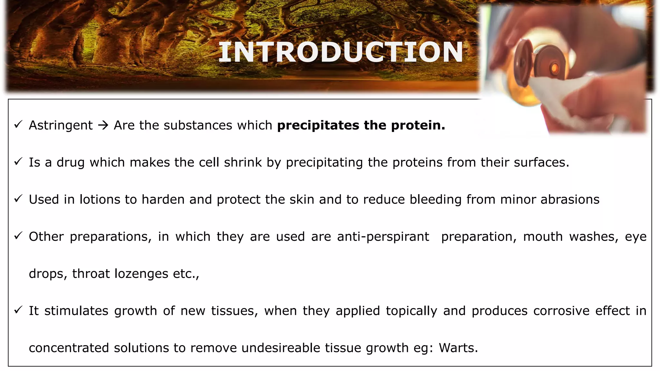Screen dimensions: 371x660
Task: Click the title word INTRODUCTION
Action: [341, 52]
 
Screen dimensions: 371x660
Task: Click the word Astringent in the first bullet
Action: [61, 125]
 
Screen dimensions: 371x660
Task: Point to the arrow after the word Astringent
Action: [103, 125]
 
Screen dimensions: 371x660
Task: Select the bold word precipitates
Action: [318, 125]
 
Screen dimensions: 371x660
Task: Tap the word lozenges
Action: [141, 274]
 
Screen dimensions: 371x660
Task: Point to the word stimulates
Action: [76, 311]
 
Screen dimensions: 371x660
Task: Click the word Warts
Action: [458, 348]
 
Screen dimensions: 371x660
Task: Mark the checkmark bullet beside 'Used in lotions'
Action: [18, 198]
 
